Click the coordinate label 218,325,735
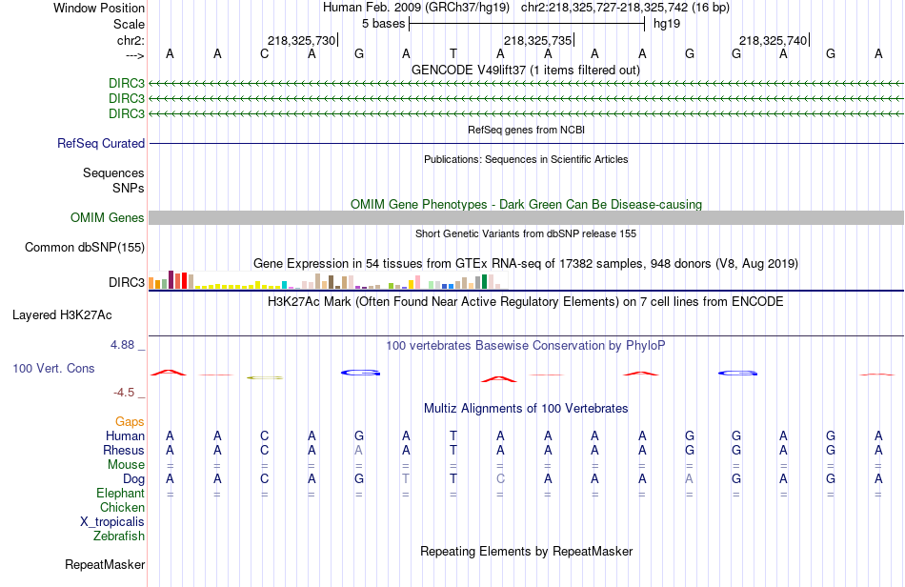coord(538,40)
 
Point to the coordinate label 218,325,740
coord(774,40)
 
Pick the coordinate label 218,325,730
coord(302,40)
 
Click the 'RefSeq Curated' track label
coord(101,144)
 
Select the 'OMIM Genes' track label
coord(108,218)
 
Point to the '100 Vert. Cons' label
coord(53,368)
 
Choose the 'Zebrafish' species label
coord(119,536)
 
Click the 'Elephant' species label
coord(120,494)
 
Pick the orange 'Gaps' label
coord(130,421)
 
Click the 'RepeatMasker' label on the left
coord(105,565)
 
